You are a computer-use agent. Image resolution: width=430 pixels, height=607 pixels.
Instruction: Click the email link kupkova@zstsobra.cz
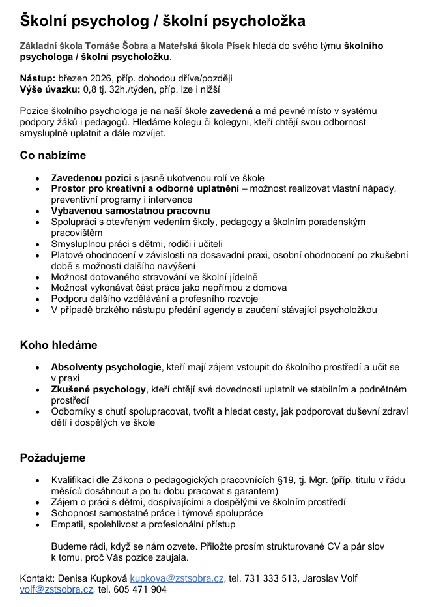[x=177, y=578]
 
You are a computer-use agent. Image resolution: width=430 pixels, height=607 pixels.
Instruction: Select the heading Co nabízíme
[x=53, y=155]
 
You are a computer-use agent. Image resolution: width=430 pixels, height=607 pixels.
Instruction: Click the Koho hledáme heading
[x=59, y=345]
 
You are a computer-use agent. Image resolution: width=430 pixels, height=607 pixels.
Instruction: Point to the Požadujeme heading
[x=53, y=458]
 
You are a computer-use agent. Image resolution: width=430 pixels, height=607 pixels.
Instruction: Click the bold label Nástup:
[x=37, y=78]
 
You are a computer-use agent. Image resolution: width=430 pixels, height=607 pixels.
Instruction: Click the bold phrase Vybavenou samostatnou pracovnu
[x=130, y=211]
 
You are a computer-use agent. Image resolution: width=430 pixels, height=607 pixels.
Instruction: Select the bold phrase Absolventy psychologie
[x=106, y=367]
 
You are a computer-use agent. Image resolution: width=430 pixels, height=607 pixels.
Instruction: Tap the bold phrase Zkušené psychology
[x=98, y=389]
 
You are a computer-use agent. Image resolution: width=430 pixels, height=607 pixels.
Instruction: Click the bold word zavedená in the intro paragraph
[x=231, y=111]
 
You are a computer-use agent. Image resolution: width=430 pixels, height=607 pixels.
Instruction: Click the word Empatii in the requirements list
[x=68, y=524]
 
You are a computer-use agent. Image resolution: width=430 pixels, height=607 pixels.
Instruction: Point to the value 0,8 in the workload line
[x=89, y=89]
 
